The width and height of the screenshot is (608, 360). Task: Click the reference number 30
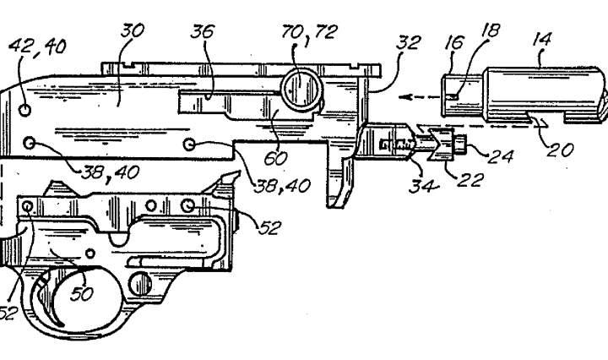click(133, 30)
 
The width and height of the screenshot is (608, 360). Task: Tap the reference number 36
click(202, 31)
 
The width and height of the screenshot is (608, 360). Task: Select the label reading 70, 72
click(309, 32)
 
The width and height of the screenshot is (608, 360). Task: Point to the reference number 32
click(409, 42)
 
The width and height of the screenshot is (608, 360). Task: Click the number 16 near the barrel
click(453, 42)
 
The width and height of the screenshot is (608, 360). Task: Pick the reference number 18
click(491, 30)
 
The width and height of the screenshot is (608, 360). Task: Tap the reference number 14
click(542, 40)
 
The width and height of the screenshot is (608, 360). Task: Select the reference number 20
click(560, 150)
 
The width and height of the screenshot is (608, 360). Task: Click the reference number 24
click(501, 156)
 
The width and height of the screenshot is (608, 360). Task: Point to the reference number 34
click(423, 185)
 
